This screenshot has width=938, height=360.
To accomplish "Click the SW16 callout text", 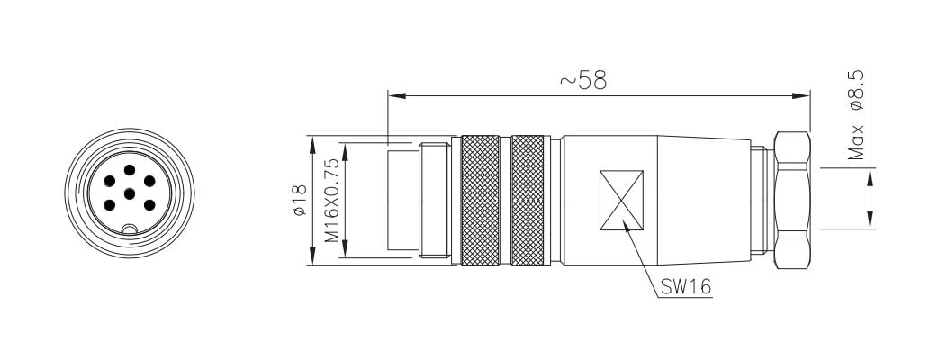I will tap(686, 287).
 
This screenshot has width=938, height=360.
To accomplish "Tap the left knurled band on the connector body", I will tap(480, 201).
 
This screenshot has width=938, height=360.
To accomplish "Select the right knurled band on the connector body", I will tap(528, 201).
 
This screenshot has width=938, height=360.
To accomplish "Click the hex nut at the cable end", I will tap(792, 201).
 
